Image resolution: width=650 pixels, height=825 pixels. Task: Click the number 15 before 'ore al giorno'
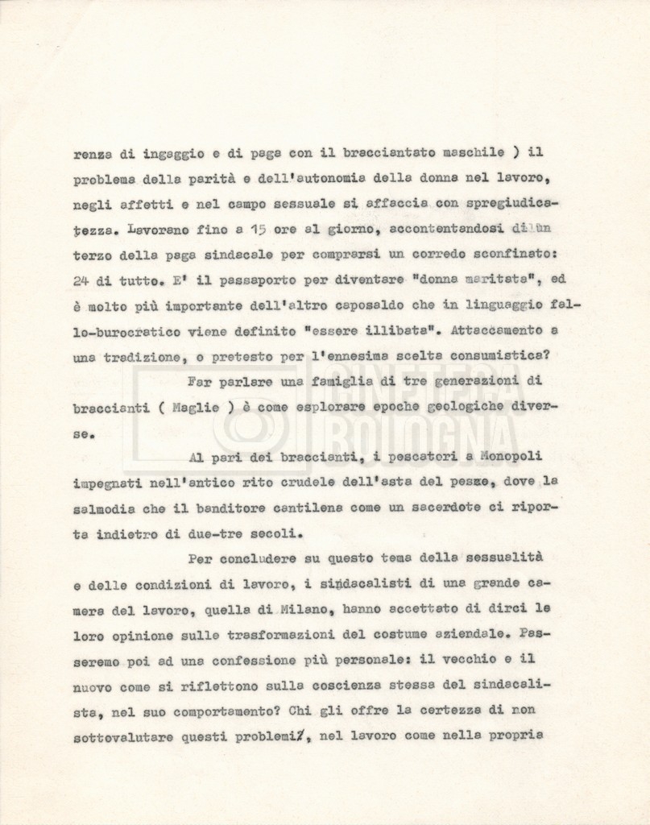pyautogui.click(x=257, y=229)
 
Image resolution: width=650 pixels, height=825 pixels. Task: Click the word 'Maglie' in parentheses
pyautogui.click(x=198, y=408)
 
